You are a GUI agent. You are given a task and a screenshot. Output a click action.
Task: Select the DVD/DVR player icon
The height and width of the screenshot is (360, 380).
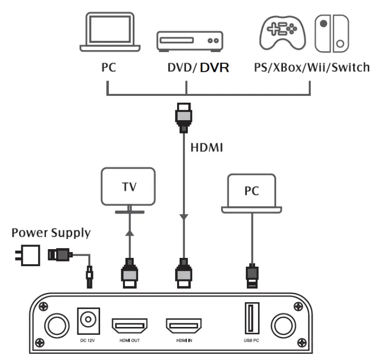pyautogui.click(x=189, y=41)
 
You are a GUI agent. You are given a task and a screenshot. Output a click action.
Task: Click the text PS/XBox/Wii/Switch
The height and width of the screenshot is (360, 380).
pyautogui.click(x=311, y=67)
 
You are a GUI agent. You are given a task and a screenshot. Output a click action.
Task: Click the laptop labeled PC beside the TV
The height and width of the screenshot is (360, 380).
pyautogui.click(x=252, y=193)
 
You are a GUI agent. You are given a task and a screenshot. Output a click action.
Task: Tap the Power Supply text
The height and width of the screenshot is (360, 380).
pyautogui.click(x=51, y=233)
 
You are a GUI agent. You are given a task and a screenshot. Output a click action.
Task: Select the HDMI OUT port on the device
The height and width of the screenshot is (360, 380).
pyautogui.click(x=130, y=325)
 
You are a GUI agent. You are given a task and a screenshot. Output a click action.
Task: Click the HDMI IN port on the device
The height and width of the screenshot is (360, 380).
pyautogui.click(x=183, y=325)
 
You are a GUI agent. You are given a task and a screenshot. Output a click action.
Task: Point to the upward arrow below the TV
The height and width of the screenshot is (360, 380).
pyautogui.click(x=129, y=233)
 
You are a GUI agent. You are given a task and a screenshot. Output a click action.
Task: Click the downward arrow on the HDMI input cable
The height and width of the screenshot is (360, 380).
pyautogui.click(x=183, y=219)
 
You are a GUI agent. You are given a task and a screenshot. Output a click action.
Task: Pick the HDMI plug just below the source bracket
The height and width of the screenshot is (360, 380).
pyautogui.click(x=183, y=117)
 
